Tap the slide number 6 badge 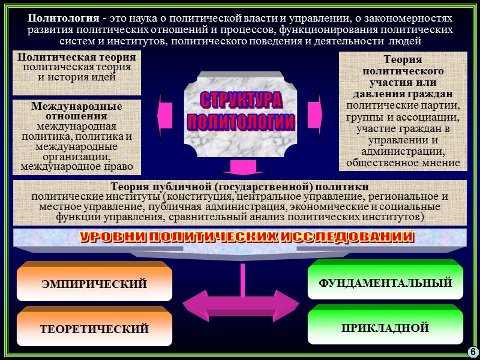(x=472, y=351)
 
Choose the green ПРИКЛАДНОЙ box (x=385, y=328)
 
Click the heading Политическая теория (x=77, y=57)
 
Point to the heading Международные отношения (x=77, y=111)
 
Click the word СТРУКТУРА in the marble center (x=240, y=100)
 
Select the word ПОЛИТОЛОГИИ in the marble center (x=240, y=122)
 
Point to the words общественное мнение (x=403, y=162)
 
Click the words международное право (x=77, y=166)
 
